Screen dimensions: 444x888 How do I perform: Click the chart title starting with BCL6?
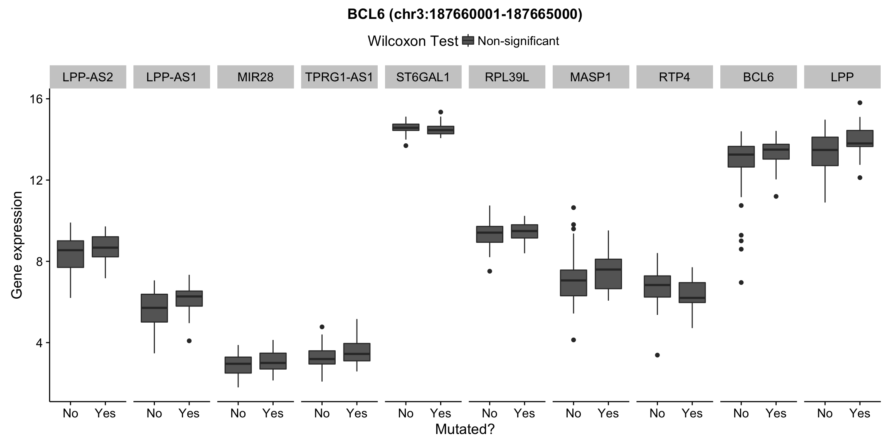pos(464,14)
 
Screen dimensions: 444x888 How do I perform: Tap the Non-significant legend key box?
pos(468,40)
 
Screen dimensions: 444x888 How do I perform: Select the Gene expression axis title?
pos(17,245)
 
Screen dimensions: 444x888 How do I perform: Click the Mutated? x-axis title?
pos(464,429)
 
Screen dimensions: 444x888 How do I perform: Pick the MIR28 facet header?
pos(255,77)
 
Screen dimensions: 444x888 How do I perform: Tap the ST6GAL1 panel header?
pos(423,77)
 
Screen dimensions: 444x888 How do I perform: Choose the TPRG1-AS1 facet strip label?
pos(339,77)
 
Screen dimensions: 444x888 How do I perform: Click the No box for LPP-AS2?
pos(71,254)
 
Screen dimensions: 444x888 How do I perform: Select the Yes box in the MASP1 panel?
pos(608,274)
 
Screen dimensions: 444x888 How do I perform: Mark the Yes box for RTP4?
pos(692,293)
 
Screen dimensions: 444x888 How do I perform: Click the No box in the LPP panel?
pos(825,151)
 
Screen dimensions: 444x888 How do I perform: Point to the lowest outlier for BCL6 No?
pos(741,283)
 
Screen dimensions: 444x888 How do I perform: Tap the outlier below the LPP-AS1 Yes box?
pos(189,341)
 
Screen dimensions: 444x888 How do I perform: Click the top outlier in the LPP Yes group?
pos(860,103)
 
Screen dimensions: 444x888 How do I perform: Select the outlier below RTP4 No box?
pos(657,355)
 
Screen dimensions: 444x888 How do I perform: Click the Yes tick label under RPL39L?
pos(524,414)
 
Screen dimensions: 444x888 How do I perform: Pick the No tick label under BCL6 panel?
pos(741,414)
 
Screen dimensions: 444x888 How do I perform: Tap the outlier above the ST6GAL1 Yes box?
pos(441,112)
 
